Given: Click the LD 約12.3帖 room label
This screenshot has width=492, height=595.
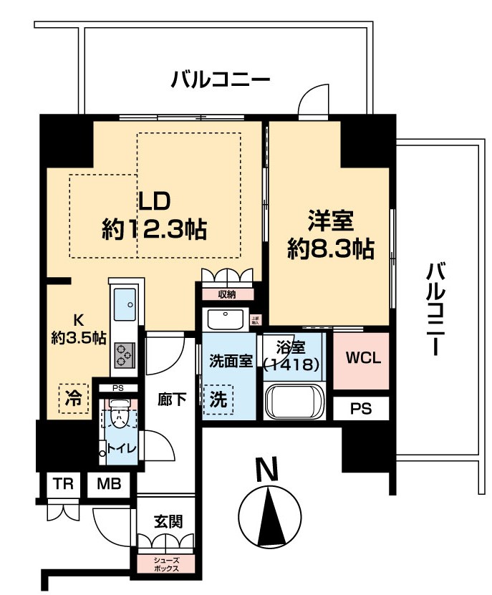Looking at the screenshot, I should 155,215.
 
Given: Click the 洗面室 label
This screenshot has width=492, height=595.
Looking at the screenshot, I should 230,360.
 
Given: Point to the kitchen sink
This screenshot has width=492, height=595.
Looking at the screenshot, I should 125,306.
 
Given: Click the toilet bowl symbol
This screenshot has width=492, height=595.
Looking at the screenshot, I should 119,416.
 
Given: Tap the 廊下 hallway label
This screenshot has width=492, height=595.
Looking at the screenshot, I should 173,400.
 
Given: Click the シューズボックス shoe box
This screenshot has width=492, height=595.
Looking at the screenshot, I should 167,563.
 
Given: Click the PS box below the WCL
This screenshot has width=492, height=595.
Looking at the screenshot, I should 360,409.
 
